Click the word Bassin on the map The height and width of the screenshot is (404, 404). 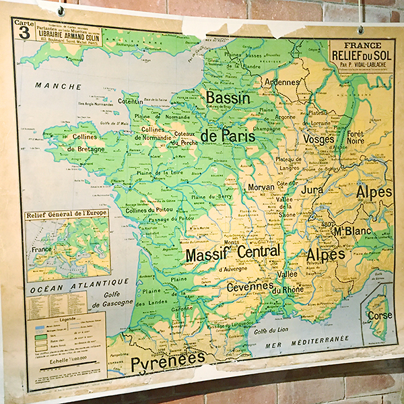pos(228,98)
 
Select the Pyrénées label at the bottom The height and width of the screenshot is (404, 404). pos(168,362)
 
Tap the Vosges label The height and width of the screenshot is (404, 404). pos(318,139)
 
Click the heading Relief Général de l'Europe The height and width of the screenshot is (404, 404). pos(68,215)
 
